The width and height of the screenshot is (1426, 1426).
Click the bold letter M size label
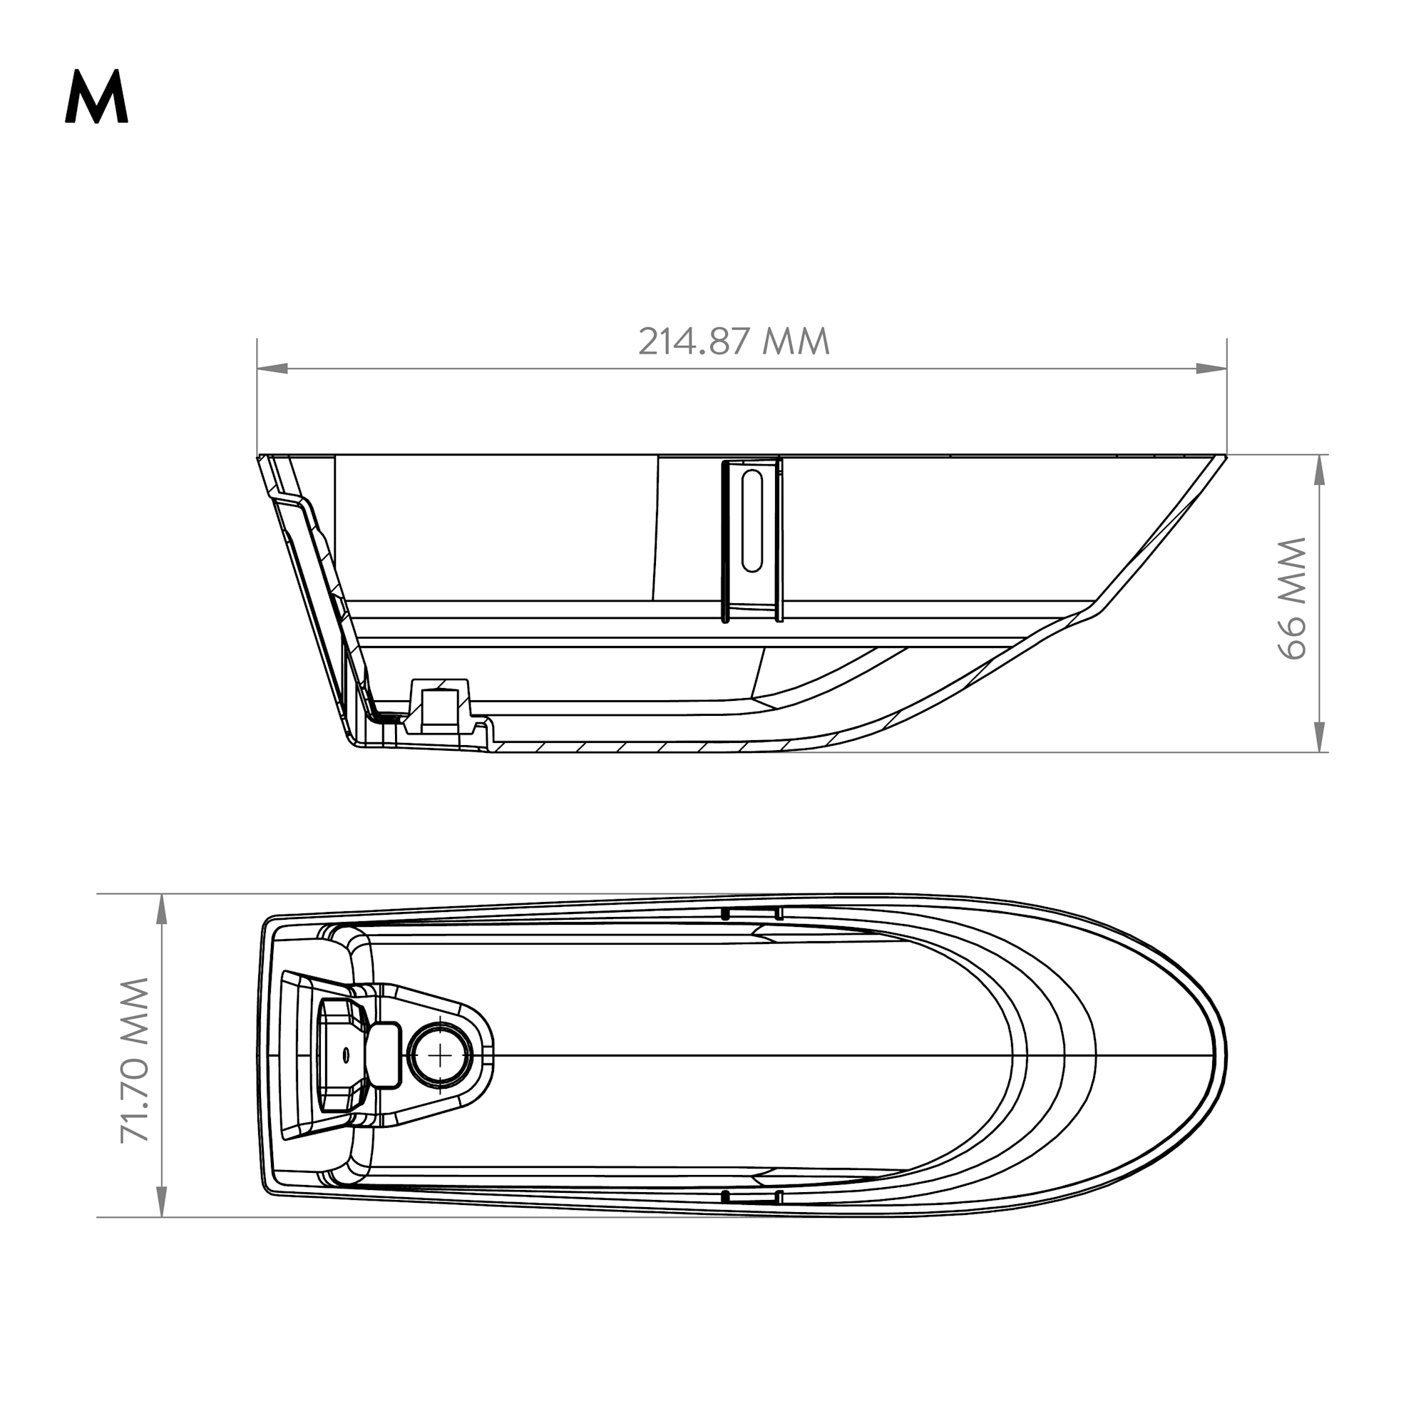97,98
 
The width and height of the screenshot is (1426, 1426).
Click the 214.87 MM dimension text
734,342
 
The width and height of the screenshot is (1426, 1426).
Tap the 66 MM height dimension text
1293,598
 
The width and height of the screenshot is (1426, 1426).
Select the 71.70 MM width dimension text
135,1060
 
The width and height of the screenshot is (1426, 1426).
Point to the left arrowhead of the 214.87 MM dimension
272,369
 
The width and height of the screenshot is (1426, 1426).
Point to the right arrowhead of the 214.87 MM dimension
1211,369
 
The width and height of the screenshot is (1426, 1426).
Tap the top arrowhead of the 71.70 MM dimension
162,909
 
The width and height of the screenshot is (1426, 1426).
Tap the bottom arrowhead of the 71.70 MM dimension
162,1201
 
